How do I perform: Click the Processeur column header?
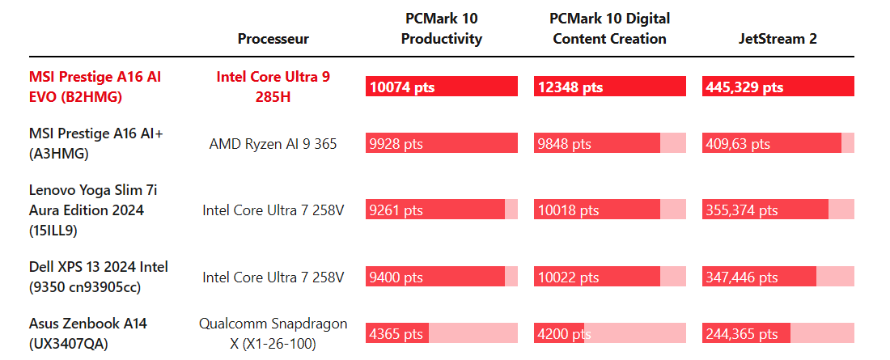coord(273,39)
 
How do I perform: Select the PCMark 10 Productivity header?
coord(442,28)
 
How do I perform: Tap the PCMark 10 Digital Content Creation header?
coord(609,28)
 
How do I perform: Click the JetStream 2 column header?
coord(778,39)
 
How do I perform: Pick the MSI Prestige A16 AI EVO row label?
coord(95,87)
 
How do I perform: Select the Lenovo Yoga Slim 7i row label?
coord(86,210)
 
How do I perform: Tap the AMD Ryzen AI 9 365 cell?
coord(273,144)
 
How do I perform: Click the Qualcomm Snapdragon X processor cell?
coord(273,333)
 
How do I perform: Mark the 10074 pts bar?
coord(441,87)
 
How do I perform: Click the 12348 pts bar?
coord(609,87)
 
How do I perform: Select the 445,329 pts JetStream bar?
coord(778,87)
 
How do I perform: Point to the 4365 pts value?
coord(396,333)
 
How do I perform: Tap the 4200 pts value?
coord(559,333)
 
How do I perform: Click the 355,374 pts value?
coord(742,210)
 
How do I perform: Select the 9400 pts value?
coord(396,277)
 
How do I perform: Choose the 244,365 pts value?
coord(742,333)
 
